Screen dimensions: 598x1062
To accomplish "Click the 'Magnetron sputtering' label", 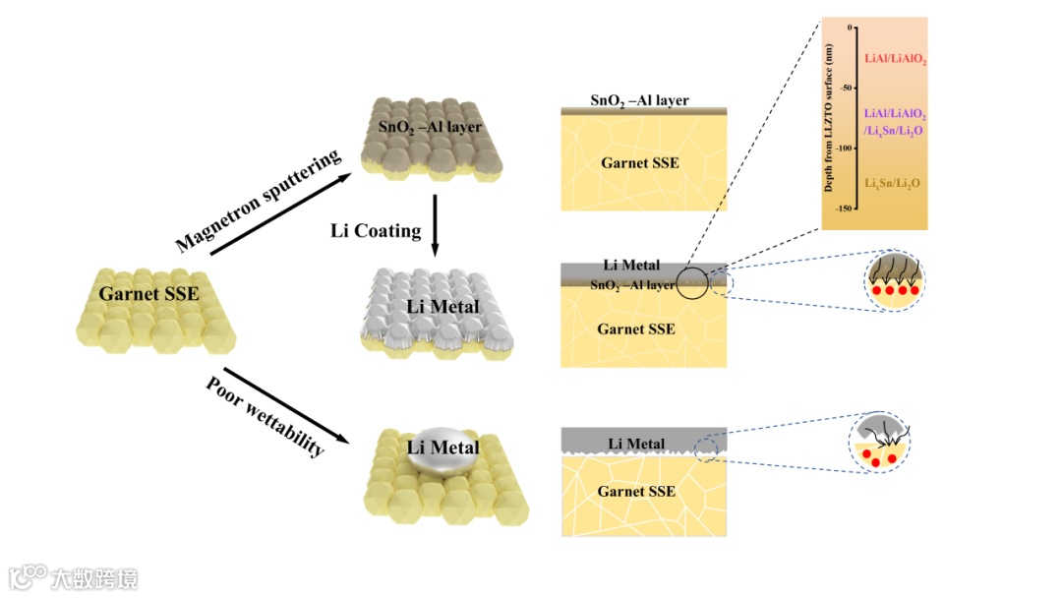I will click(258, 201).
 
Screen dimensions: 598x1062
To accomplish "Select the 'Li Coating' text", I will click(376, 231).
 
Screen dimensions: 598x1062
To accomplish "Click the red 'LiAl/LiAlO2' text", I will click(895, 60).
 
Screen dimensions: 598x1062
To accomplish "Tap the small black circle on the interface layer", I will click(693, 282).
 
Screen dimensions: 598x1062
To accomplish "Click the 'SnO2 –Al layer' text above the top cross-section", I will click(639, 100).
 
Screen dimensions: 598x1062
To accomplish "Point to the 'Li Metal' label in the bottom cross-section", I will click(636, 444).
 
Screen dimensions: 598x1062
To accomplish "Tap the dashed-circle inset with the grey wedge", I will click(881, 445).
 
